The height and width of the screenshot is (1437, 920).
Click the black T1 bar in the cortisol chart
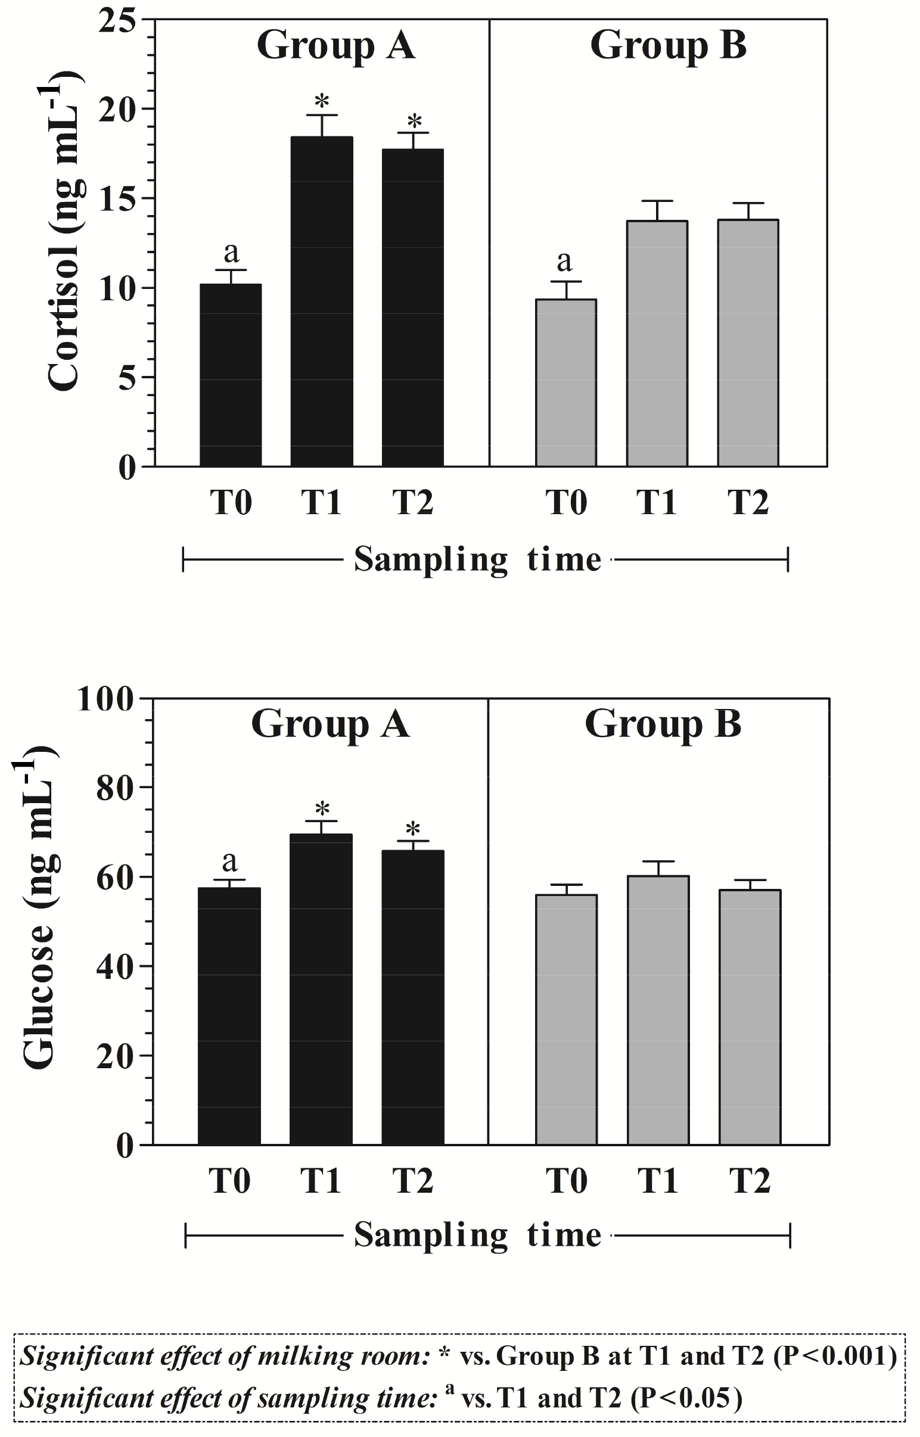(x=321, y=301)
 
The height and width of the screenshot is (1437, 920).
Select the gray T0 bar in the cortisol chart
(x=565, y=383)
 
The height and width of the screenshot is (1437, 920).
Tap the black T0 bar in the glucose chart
(x=229, y=1016)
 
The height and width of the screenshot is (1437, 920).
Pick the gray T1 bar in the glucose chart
(x=658, y=1010)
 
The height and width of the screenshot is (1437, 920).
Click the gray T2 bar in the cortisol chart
(x=748, y=343)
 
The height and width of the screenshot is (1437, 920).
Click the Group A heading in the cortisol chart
(x=335, y=45)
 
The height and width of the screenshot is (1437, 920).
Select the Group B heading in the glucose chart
(x=663, y=724)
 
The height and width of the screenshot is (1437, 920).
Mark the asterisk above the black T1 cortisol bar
(x=322, y=100)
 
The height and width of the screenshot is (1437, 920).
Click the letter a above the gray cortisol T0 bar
(x=564, y=260)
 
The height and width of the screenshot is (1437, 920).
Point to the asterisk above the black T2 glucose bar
(x=413, y=829)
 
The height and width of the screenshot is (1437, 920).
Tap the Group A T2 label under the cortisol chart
(x=413, y=502)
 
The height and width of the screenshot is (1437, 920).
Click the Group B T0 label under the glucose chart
(x=566, y=1181)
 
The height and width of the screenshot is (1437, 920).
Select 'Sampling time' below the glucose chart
(x=477, y=1236)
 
